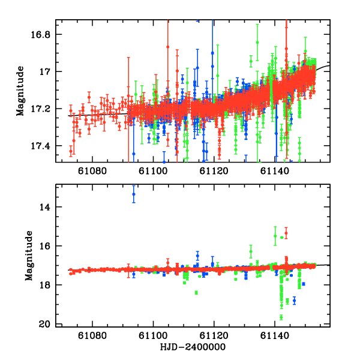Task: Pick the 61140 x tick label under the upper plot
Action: (x=275, y=171)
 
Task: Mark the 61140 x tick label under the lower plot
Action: (x=275, y=337)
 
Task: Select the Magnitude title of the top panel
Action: (x=20, y=91)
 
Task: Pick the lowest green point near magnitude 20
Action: (x=281, y=317)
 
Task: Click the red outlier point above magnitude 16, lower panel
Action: (x=286, y=233)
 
